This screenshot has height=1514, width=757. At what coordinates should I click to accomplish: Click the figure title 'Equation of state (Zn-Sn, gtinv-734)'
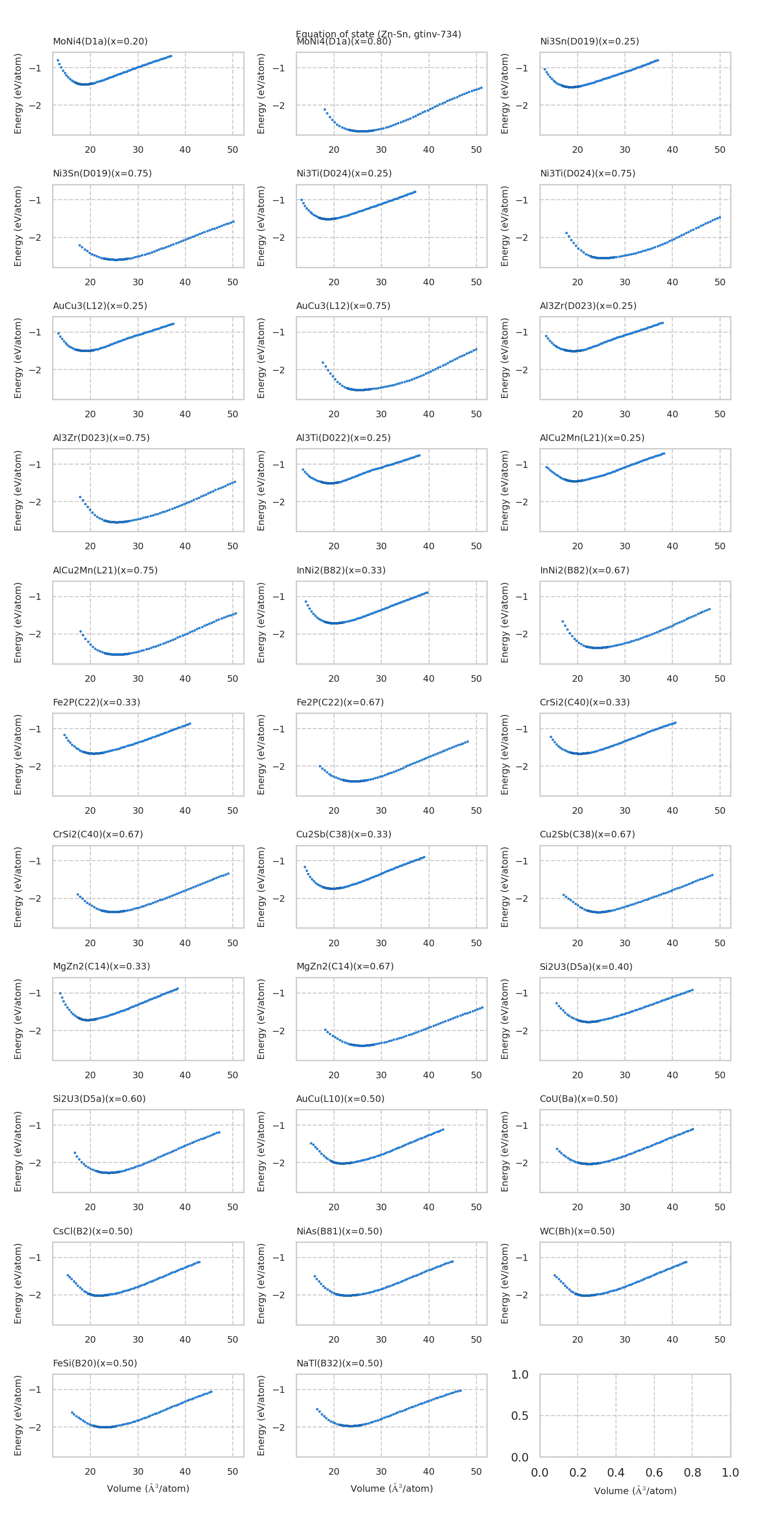pos(378,34)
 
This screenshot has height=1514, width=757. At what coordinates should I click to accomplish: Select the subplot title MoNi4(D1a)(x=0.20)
pos(100,41)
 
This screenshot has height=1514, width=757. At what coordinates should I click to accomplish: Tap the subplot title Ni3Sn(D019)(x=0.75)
pos(102,173)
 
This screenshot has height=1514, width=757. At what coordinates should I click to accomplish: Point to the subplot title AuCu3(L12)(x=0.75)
pos(343,306)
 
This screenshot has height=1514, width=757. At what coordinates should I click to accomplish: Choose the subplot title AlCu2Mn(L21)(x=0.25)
pos(592,438)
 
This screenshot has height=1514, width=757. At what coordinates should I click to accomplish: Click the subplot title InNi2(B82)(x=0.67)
pos(584,570)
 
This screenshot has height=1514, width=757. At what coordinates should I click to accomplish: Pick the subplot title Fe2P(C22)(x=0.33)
pos(97,702)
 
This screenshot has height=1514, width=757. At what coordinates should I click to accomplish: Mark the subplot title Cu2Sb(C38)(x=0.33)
pos(344,834)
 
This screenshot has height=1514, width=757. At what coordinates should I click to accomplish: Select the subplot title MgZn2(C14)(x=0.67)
pos(345,966)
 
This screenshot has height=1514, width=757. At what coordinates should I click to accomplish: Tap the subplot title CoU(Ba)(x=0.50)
pos(579,1099)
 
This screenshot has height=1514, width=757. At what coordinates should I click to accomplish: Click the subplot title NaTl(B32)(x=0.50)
pos(339,1363)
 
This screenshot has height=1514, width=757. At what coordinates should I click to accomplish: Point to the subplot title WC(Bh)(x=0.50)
pos(577,1231)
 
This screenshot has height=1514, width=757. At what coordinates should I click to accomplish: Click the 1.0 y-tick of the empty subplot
pos(519,1375)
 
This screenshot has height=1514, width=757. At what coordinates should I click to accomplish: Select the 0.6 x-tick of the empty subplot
pos(654,1473)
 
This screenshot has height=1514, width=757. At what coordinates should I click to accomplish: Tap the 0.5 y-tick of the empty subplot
pos(519,1416)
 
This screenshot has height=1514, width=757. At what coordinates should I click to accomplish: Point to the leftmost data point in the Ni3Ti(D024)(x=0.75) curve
pos(567,233)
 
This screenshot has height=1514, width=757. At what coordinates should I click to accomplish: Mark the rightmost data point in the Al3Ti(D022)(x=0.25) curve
pos(419,455)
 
